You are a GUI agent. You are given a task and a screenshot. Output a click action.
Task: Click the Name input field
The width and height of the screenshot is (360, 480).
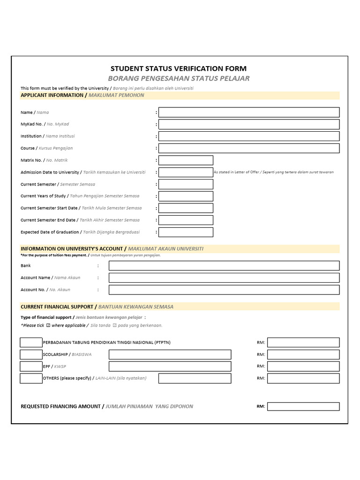pos(249,112)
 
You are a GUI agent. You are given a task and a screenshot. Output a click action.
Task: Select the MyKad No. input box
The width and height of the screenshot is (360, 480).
pos(249,124)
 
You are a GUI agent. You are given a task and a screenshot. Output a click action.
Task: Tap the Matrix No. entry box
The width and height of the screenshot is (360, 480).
pos(186,160)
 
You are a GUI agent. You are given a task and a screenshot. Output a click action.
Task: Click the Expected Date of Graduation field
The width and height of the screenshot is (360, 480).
pos(186,232)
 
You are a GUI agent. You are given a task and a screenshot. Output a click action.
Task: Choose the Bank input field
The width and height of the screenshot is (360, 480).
pos(224,266)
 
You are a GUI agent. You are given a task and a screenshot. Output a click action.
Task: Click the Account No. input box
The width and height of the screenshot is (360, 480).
pos(224,290)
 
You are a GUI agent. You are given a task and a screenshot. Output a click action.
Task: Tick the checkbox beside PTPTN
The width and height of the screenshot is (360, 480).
pos(31,342)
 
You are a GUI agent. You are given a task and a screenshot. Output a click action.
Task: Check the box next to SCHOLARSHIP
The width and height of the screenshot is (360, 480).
pos(31,354)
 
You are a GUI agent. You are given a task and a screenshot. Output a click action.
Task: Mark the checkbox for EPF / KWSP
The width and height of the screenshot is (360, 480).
pos(31,366)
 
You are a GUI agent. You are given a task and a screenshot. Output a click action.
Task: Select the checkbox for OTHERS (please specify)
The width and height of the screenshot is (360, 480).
pos(31,378)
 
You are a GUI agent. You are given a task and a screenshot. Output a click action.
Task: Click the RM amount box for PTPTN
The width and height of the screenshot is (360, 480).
pos(303,342)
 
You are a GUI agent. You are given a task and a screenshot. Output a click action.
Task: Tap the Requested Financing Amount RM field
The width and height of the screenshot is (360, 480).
pos(303,406)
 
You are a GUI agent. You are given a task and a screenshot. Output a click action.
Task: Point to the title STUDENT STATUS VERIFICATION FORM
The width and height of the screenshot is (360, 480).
pos(178,68)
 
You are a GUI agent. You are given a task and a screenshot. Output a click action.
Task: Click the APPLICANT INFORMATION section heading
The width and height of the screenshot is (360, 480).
pos(82,95)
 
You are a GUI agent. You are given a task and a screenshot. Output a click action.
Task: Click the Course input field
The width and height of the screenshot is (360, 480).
pos(249,148)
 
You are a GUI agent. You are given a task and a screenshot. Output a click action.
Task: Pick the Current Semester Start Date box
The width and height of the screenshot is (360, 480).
pos(186,208)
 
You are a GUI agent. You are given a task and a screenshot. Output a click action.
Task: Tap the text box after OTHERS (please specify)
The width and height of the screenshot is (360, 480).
pos(195,378)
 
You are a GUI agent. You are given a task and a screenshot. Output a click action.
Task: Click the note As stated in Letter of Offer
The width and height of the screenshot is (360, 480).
pos(274,172)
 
